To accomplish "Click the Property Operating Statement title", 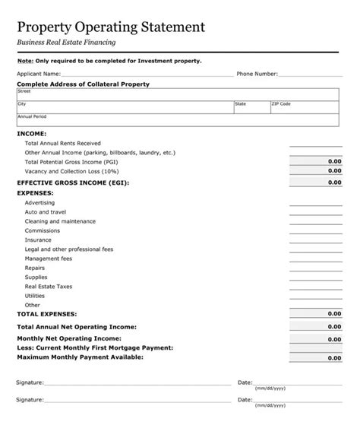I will [x=111, y=27].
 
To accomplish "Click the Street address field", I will [x=178, y=94].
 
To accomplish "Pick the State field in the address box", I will [x=251, y=107].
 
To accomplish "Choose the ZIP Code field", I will [x=304, y=107].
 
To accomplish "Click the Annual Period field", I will [x=178, y=121].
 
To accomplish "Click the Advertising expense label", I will [x=39, y=203].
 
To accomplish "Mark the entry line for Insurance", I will [x=315, y=240].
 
